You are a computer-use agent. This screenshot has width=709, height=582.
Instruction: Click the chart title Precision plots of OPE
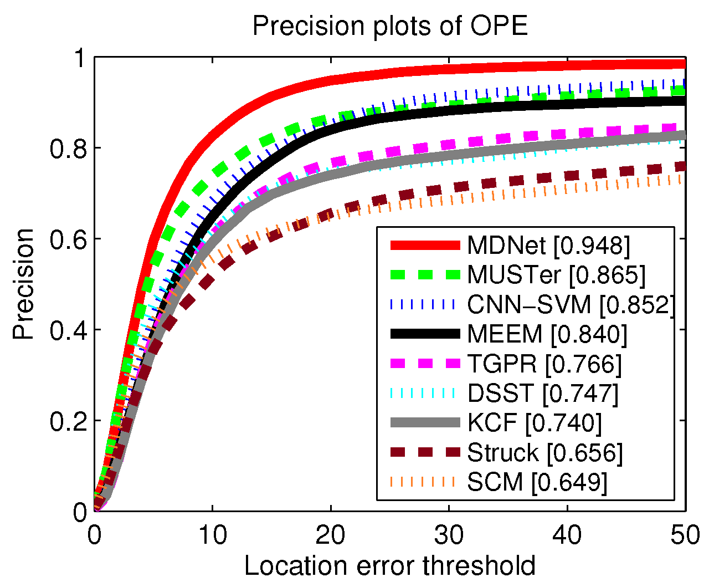point(390,26)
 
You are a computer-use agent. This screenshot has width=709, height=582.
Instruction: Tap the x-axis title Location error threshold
point(390,565)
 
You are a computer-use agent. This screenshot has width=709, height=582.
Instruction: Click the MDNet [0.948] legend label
point(548,245)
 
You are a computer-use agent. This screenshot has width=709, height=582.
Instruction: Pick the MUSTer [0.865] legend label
point(556,274)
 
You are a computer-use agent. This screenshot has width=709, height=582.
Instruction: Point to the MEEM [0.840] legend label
point(547,334)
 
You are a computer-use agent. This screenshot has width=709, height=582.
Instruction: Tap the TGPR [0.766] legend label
point(544,364)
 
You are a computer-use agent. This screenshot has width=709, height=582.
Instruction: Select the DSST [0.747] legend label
point(543,394)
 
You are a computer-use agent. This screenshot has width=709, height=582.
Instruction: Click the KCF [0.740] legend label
point(535,423)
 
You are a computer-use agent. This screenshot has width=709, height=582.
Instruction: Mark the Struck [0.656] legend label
point(545,453)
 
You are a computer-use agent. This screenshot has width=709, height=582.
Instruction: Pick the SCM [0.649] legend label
point(537,482)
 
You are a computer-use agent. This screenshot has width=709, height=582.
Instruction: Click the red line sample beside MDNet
point(425,245)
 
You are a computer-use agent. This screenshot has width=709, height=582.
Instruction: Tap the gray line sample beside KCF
point(425,423)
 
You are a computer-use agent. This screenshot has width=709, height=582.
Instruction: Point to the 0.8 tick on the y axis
point(68,148)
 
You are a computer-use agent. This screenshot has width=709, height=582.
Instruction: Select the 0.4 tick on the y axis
point(68,330)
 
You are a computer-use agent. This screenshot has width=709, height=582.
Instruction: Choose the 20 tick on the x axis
point(331,535)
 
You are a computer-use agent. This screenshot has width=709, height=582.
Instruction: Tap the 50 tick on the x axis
point(685,535)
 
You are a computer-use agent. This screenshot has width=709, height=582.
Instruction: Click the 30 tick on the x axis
point(449,535)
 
